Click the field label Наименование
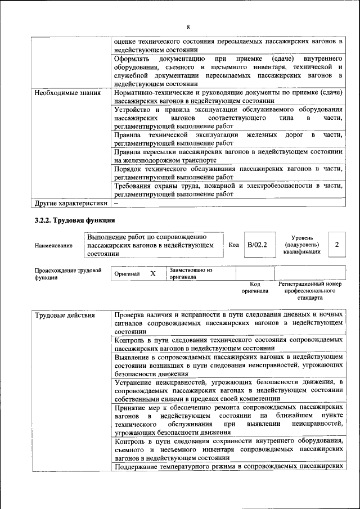pyautogui.click(x=53, y=245)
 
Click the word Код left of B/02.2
pyautogui.click(x=234, y=245)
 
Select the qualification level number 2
pyautogui.click(x=336, y=245)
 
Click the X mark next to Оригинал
pyautogui.click(x=152, y=273)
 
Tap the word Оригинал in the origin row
pyautogui.click(x=127, y=274)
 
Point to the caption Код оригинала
pyautogui.click(x=255, y=287)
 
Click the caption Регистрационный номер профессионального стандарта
pyautogui.click(x=310, y=291)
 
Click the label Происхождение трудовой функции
pyautogui.click(x=67, y=273)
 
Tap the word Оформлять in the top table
pyautogui.click(x=132, y=58)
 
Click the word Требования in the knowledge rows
pyautogui.click(x=135, y=185)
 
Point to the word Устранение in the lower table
pyautogui.click(x=135, y=382)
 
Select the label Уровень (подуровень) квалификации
pyautogui.click(x=302, y=245)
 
